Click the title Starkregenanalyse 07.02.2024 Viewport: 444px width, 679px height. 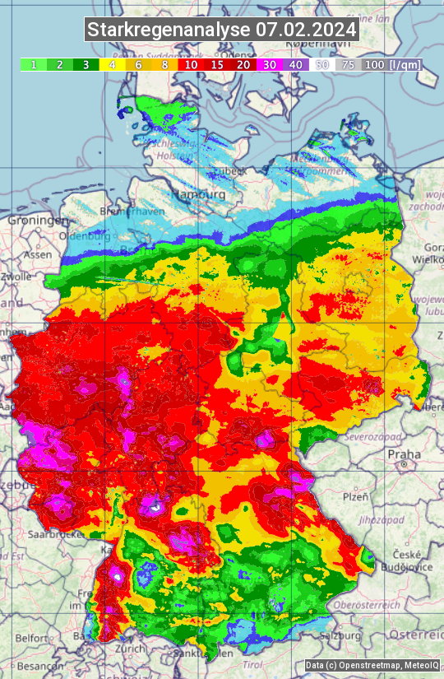[x=222, y=30]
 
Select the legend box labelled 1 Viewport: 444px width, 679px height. [x=33, y=64]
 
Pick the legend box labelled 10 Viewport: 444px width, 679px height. [x=191, y=64]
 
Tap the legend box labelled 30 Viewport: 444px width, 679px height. [x=270, y=64]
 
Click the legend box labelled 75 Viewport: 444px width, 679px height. [x=348, y=64]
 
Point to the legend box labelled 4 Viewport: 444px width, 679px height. [x=112, y=64]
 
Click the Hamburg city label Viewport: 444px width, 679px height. [x=199, y=194]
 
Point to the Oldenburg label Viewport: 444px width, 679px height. [x=86, y=236]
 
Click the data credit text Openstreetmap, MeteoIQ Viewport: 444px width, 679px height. [x=372, y=665]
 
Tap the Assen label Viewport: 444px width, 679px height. [x=37, y=255]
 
